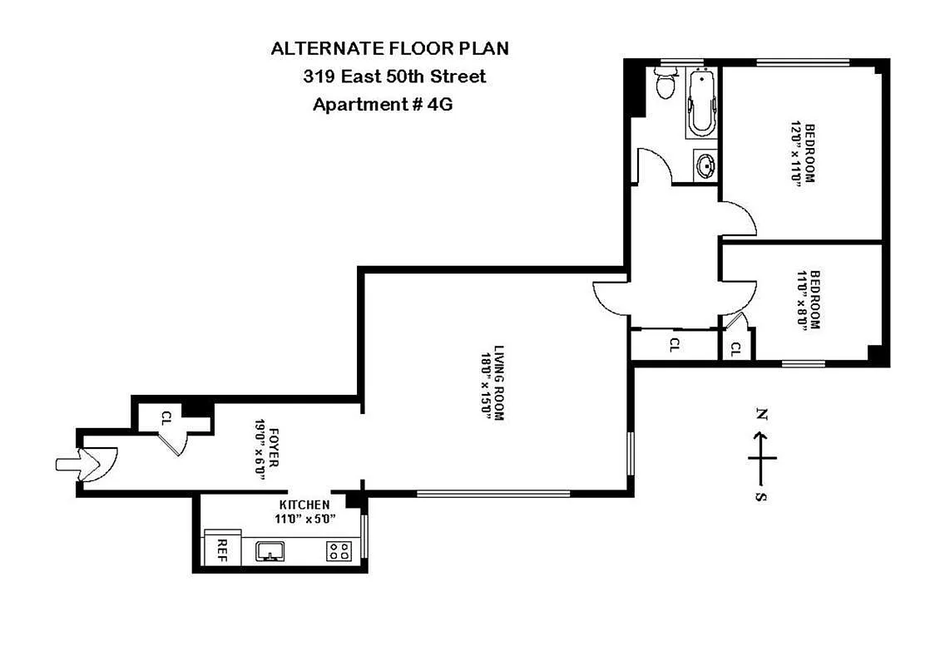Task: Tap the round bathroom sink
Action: [x=705, y=164]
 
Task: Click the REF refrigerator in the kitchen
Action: [x=222, y=548]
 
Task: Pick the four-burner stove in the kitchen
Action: [x=338, y=550]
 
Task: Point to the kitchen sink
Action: [x=269, y=550]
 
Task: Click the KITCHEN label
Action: [x=304, y=505]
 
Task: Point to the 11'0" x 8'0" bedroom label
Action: [x=809, y=301]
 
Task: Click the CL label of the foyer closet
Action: [x=167, y=418]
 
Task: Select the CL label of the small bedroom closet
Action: [x=735, y=349]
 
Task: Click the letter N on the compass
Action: [x=761, y=413]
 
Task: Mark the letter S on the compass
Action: [x=761, y=497]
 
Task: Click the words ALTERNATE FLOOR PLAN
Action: [x=389, y=48]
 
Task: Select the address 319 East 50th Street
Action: [x=394, y=76]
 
